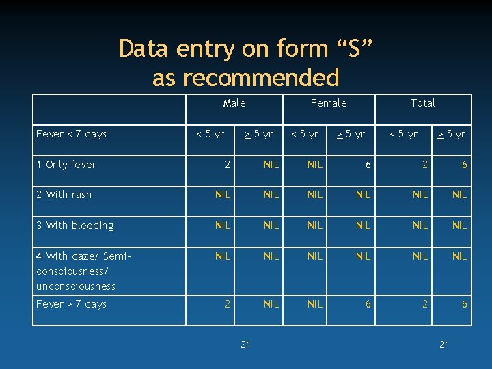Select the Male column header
click(234, 103)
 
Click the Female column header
click(329, 103)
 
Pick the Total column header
click(422, 103)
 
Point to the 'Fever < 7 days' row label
click(72, 134)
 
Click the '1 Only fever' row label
click(66, 165)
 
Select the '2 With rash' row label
click(64, 195)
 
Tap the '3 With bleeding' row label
click(75, 225)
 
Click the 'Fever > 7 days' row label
click(72, 304)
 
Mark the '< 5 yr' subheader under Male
click(210, 134)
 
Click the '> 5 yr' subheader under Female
click(350, 134)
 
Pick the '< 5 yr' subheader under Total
click(403, 134)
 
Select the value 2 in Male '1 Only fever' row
click(228, 165)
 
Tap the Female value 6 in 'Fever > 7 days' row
click(368, 304)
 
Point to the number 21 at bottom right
click(445, 344)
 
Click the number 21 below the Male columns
click(246, 344)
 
